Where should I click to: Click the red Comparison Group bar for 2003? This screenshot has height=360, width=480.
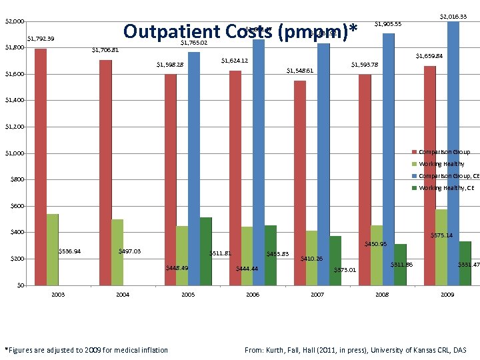(x=41, y=167)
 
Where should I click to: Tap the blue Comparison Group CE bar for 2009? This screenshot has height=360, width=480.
(x=453, y=153)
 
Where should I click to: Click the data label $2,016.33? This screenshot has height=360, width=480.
(x=453, y=16)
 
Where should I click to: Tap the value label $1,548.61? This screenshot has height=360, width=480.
(x=300, y=70)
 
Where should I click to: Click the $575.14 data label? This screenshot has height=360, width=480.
(x=441, y=235)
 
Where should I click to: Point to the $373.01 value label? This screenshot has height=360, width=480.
(x=345, y=270)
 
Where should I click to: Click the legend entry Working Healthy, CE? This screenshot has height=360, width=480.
(x=446, y=188)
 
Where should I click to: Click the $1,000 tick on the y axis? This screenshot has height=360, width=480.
(x=15, y=153)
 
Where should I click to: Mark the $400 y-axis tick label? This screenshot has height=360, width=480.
(x=15, y=233)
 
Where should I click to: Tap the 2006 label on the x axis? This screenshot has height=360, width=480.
(x=253, y=294)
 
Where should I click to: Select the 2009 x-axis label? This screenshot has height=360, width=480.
(x=447, y=294)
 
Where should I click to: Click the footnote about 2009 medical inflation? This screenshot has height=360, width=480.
(x=87, y=350)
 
